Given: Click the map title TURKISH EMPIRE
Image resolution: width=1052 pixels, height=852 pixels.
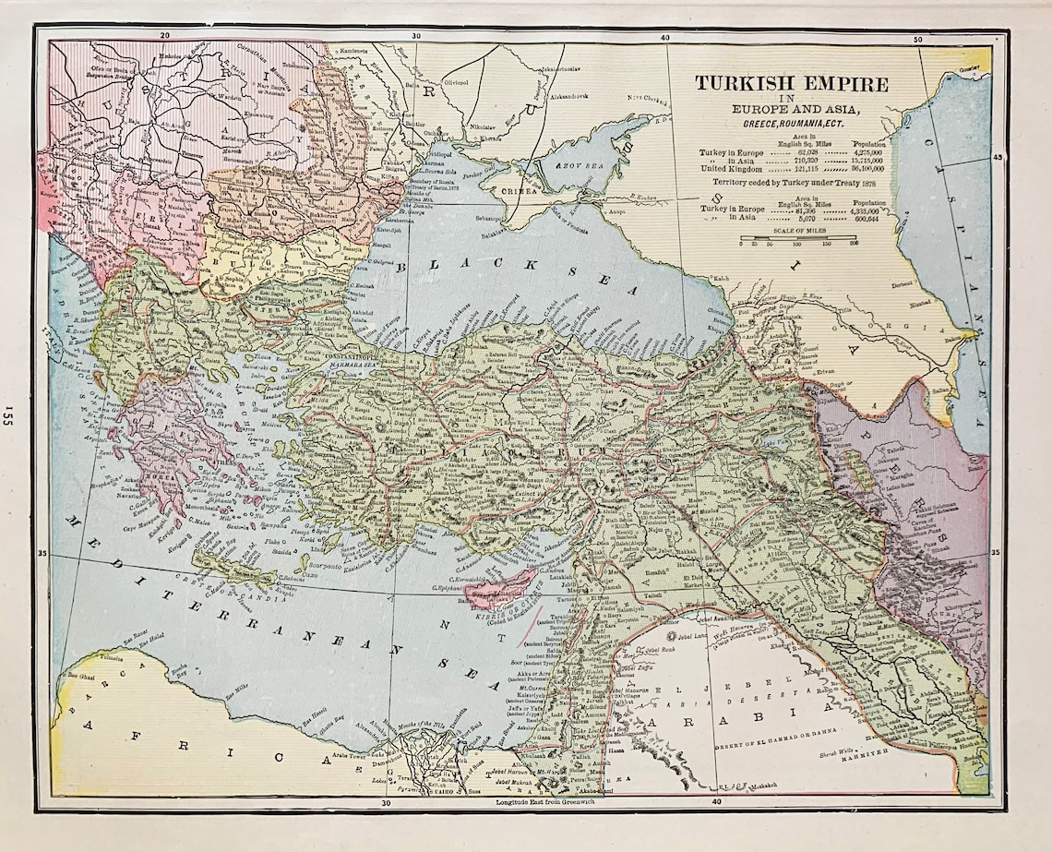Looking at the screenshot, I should tap(792, 84).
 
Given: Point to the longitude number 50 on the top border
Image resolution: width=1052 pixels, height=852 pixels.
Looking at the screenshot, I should tap(917, 40).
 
